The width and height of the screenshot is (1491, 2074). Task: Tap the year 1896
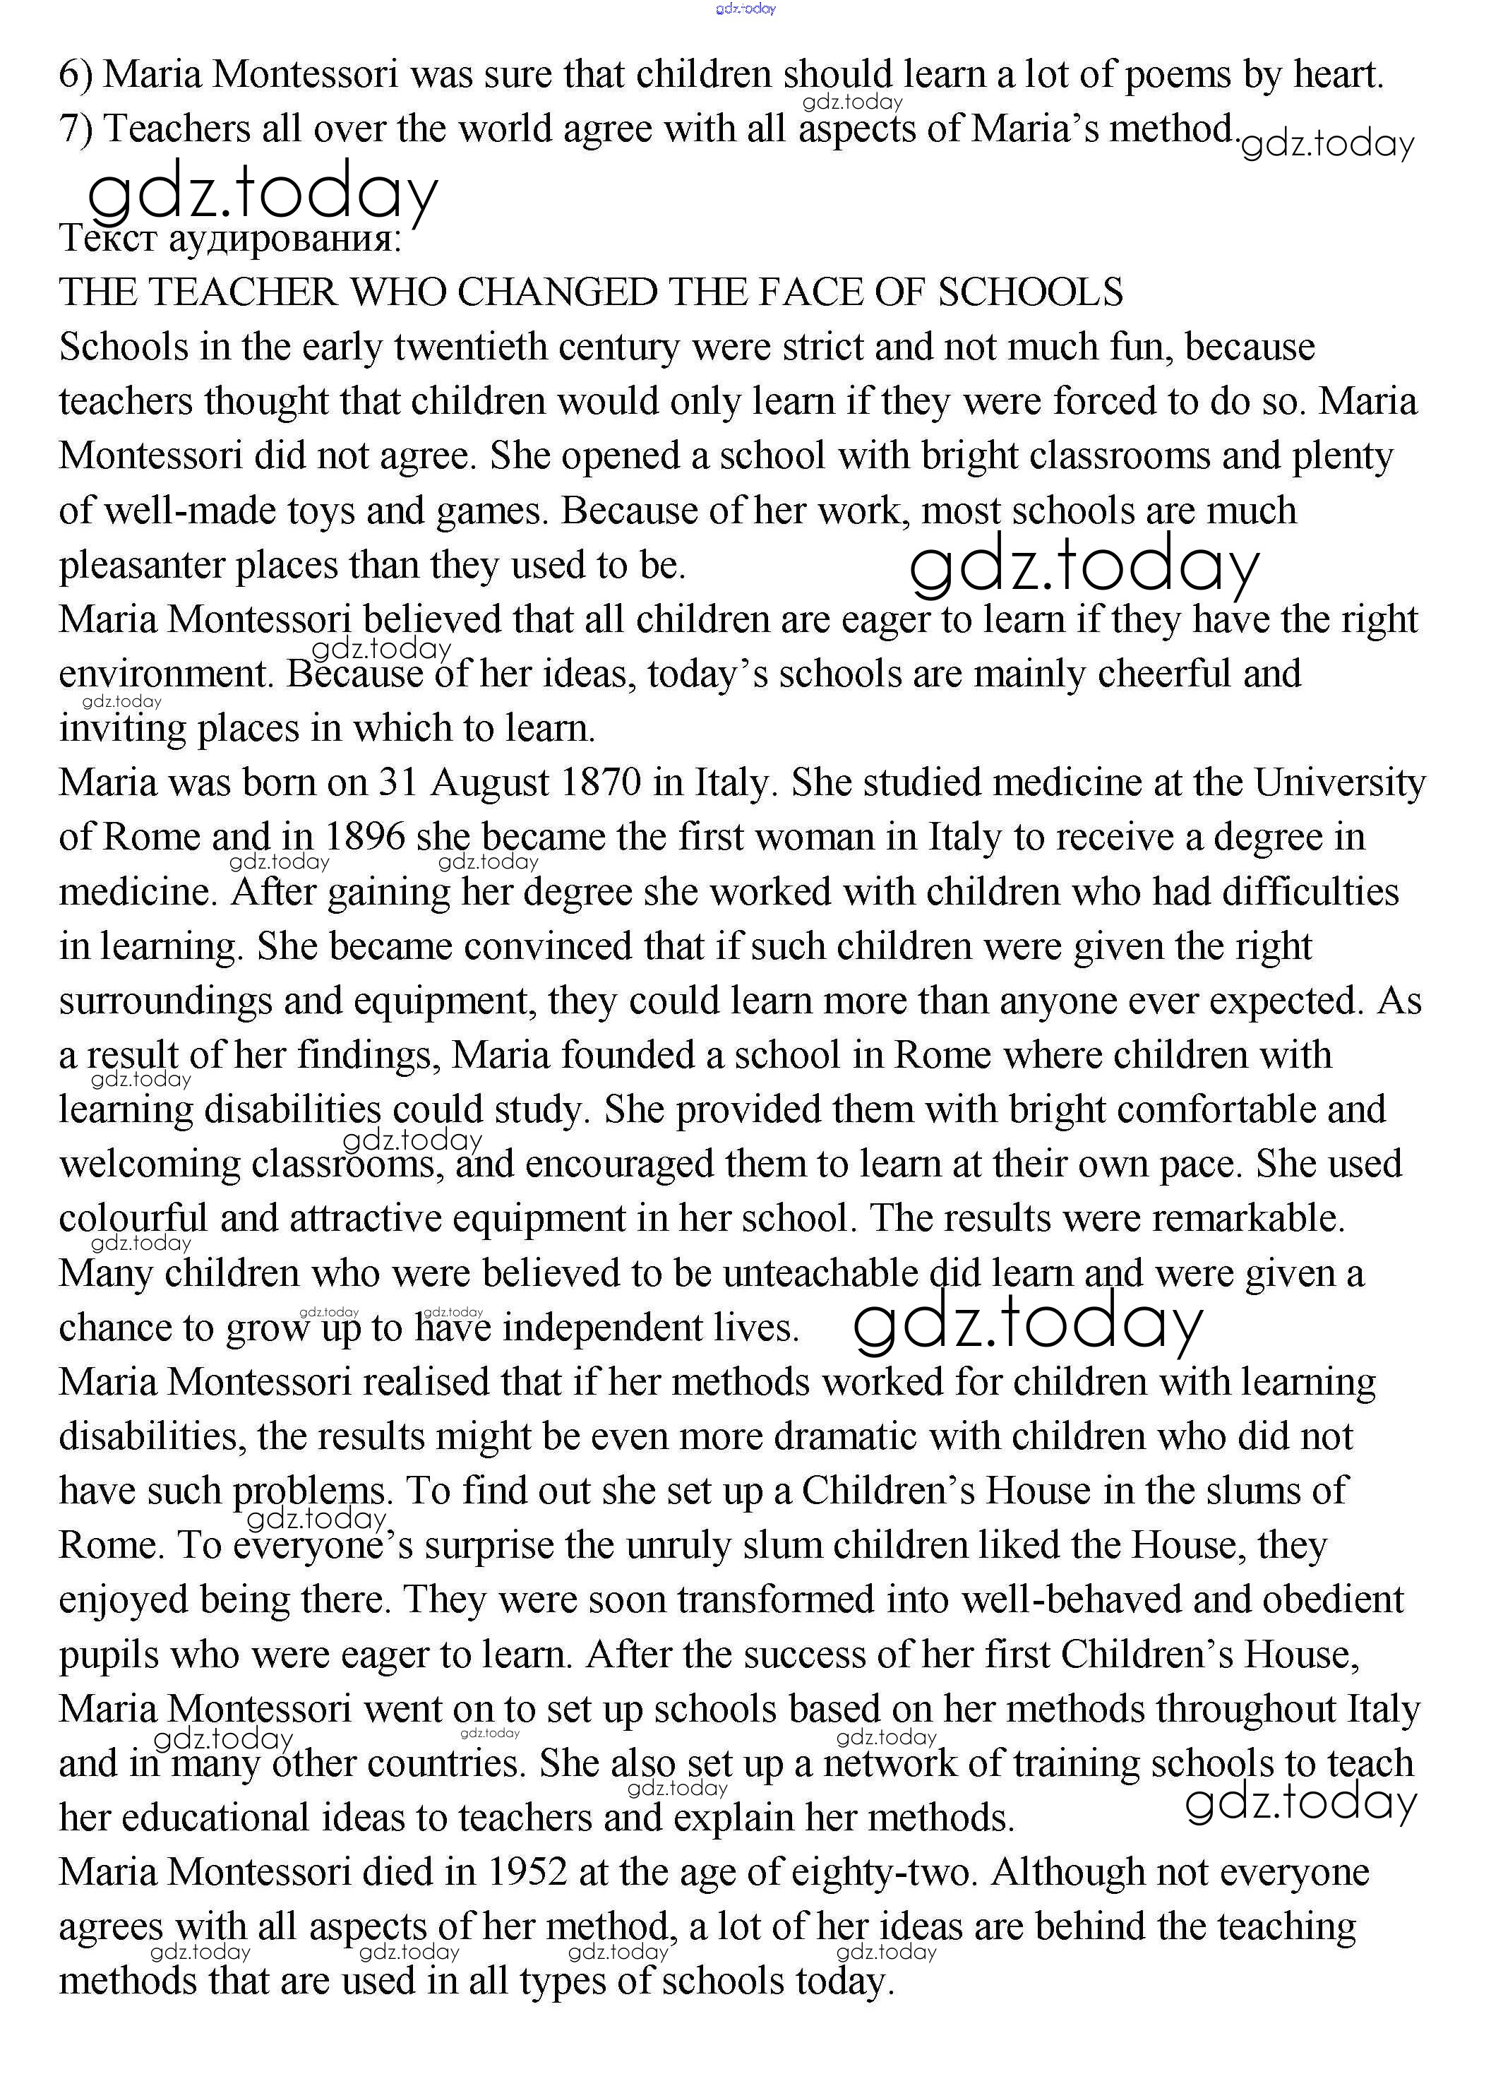coord(365,837)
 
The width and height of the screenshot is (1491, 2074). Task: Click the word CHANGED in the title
coord(558,292)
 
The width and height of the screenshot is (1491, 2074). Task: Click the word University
coord(1339,782)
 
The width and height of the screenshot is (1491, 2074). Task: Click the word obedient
coord(1333,1599)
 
